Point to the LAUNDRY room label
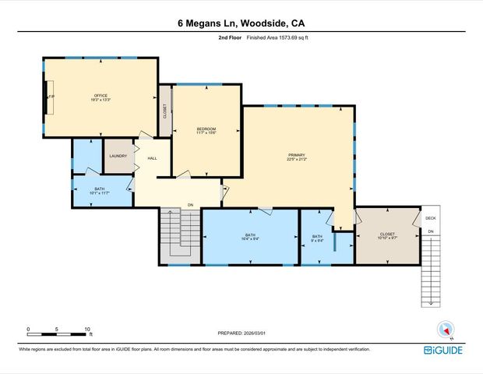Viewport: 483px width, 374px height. point(118,156)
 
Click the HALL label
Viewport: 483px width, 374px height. point(153,158)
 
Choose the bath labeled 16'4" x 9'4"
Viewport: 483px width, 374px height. point(250,237)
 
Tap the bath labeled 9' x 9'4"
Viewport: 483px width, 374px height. point(317,238)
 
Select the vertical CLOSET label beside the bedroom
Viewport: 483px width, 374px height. point(165,111)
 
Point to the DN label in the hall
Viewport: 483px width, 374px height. point(190,205)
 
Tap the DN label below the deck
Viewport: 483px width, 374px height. point(431,232)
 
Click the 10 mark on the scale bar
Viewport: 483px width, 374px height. point(86,329)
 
